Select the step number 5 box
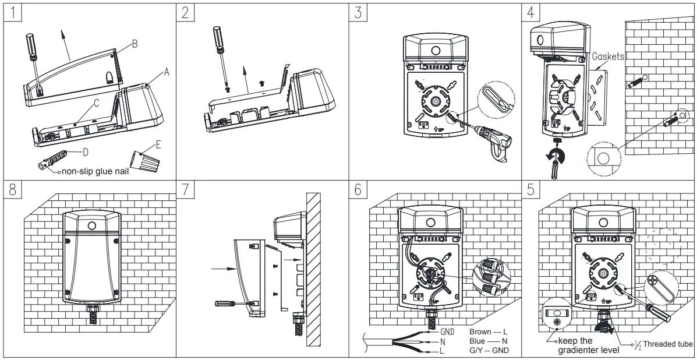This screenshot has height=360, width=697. click(530, 190)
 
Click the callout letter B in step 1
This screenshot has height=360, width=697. click(135, 44)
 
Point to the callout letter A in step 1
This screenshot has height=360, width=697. click(166, 72)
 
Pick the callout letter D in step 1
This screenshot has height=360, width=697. click(86, 153)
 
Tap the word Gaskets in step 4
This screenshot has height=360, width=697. click(607, 57)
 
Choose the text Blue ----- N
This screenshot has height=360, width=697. click(488, 341)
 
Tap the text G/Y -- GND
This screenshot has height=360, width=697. click(489, 350)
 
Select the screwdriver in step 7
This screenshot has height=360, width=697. click(227, 303)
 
